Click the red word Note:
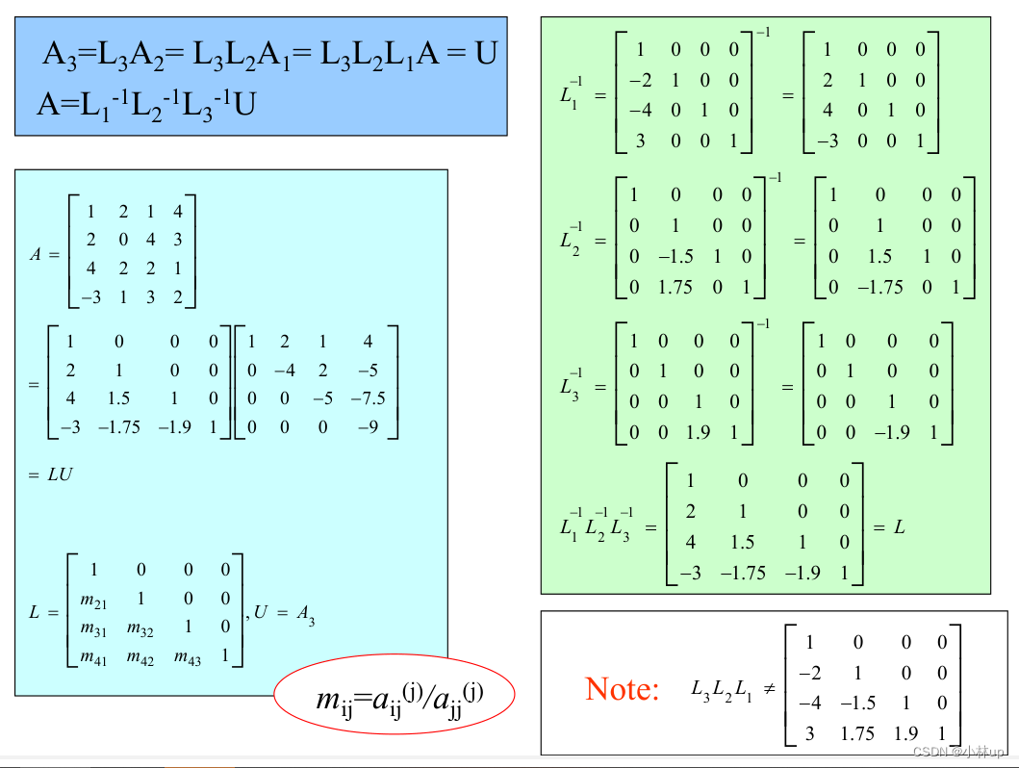coord(623,689)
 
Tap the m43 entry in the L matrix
coord(187,658)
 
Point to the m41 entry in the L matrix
coord(93,658)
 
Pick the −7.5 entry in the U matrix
coord(368,397)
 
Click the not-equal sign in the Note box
coord(769,689)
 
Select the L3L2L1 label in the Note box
coord(722,690)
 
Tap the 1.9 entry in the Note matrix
coord(905,733)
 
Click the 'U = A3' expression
coord(285,613)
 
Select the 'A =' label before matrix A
coord(44,255)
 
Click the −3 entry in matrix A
coord(90,297)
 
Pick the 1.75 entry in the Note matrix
coord(856,733)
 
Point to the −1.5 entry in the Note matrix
coord(856,703)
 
